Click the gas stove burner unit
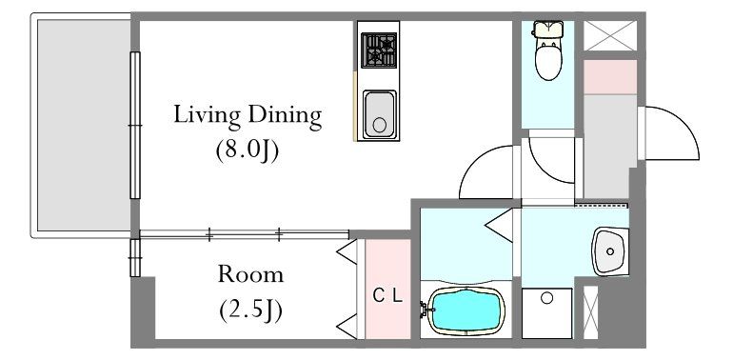pos(379,50)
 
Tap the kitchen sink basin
pos(380,114)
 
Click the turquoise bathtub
pos(466,310)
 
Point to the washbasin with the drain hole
pos(610,251)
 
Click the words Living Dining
pos(248,116)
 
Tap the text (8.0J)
pos(247,151)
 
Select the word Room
pos(250,275)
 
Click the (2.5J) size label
pos(250,310)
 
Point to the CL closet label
pos(388,296)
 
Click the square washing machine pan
pos(547,312)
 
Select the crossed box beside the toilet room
pos(610,35)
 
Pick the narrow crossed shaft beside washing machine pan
pos(591,312)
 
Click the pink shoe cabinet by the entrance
pos(610,77)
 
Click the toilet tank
pos(549,29)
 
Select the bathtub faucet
pos(426,309)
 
